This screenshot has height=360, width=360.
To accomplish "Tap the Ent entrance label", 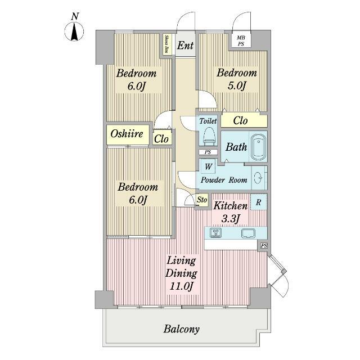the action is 185,45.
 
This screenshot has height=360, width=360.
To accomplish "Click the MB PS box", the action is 241,41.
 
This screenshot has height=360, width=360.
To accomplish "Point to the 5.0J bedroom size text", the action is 237,86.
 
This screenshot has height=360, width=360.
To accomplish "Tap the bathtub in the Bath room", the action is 259,147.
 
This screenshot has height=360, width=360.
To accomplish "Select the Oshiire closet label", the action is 127,134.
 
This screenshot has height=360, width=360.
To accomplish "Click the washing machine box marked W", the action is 208,166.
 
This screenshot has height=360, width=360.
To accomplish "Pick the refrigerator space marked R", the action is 259,202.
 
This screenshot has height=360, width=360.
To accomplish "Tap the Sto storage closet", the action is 202,200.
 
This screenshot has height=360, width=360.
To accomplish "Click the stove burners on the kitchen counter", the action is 216,233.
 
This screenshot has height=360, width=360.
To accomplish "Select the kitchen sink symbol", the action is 249,233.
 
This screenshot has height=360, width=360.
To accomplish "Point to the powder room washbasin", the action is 259,178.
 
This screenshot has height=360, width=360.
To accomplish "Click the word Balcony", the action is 181,329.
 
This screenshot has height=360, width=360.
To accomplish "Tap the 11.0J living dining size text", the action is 181,286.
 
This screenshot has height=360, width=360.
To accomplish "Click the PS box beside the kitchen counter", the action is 264,246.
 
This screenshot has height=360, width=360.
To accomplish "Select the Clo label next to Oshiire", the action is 161,139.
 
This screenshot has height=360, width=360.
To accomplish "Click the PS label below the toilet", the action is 208,152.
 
